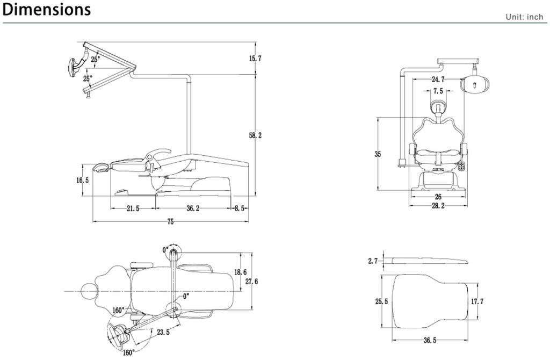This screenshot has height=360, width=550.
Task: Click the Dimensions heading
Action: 47,10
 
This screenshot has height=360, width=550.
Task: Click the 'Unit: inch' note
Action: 524,17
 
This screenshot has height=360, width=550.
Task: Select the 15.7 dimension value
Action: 255,58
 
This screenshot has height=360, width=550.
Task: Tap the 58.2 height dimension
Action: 255,136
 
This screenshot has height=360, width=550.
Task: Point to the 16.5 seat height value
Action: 82,180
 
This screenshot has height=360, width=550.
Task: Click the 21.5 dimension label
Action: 133,208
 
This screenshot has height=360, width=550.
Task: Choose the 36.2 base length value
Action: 194,208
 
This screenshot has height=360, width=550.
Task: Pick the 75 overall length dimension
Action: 171,221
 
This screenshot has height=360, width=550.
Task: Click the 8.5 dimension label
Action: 239,208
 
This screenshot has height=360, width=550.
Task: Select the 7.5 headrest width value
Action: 438,91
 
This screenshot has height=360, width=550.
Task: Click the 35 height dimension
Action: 378,154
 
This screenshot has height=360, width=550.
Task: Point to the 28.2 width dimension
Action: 438,206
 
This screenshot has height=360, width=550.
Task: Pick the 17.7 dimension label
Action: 477,301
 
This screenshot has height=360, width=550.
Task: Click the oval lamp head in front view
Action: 475,84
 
